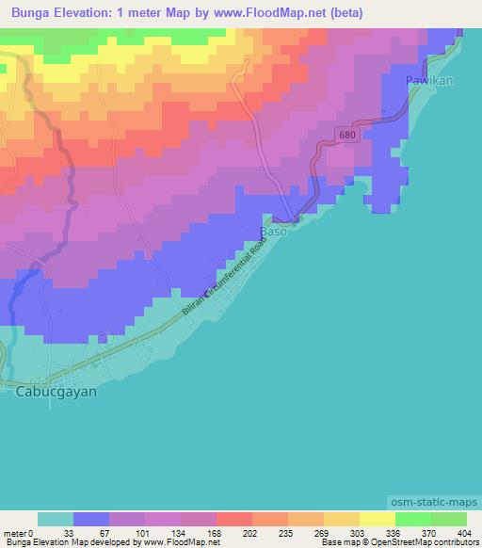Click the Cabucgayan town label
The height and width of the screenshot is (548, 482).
[57, 392]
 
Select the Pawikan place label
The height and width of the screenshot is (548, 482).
[429, 81]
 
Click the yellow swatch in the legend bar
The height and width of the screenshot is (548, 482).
[378, 520]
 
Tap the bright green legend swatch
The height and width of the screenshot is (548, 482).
[413, 520]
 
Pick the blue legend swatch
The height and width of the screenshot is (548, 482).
[91, 520]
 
